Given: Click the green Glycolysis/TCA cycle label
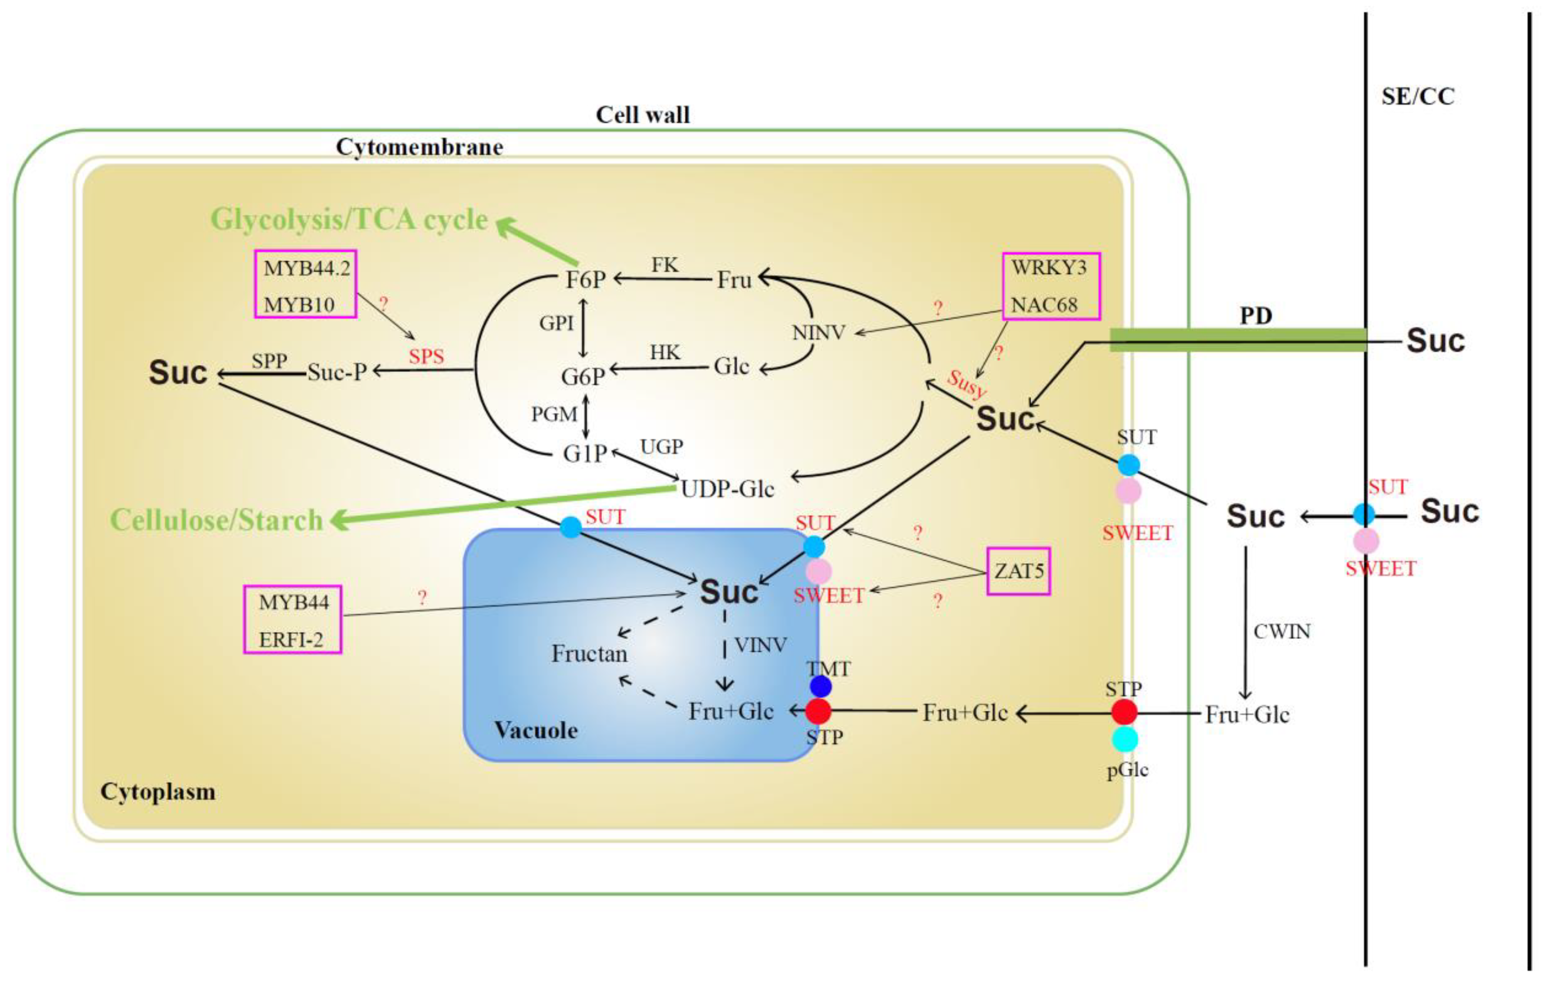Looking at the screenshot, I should point(349,220).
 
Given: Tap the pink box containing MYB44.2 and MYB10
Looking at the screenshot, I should point(306,284).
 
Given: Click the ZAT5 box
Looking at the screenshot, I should point(1018,571).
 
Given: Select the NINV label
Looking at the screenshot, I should point(818,333).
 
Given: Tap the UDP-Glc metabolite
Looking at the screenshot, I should point(726,489).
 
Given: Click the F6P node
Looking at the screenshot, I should point(585,280).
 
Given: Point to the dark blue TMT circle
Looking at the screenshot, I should point(821,687).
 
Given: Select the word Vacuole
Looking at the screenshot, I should point(536,731).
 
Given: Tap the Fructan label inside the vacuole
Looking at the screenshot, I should point(589,654).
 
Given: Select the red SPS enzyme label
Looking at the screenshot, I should point(426,356).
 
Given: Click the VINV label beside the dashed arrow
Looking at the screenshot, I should point(760,645).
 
